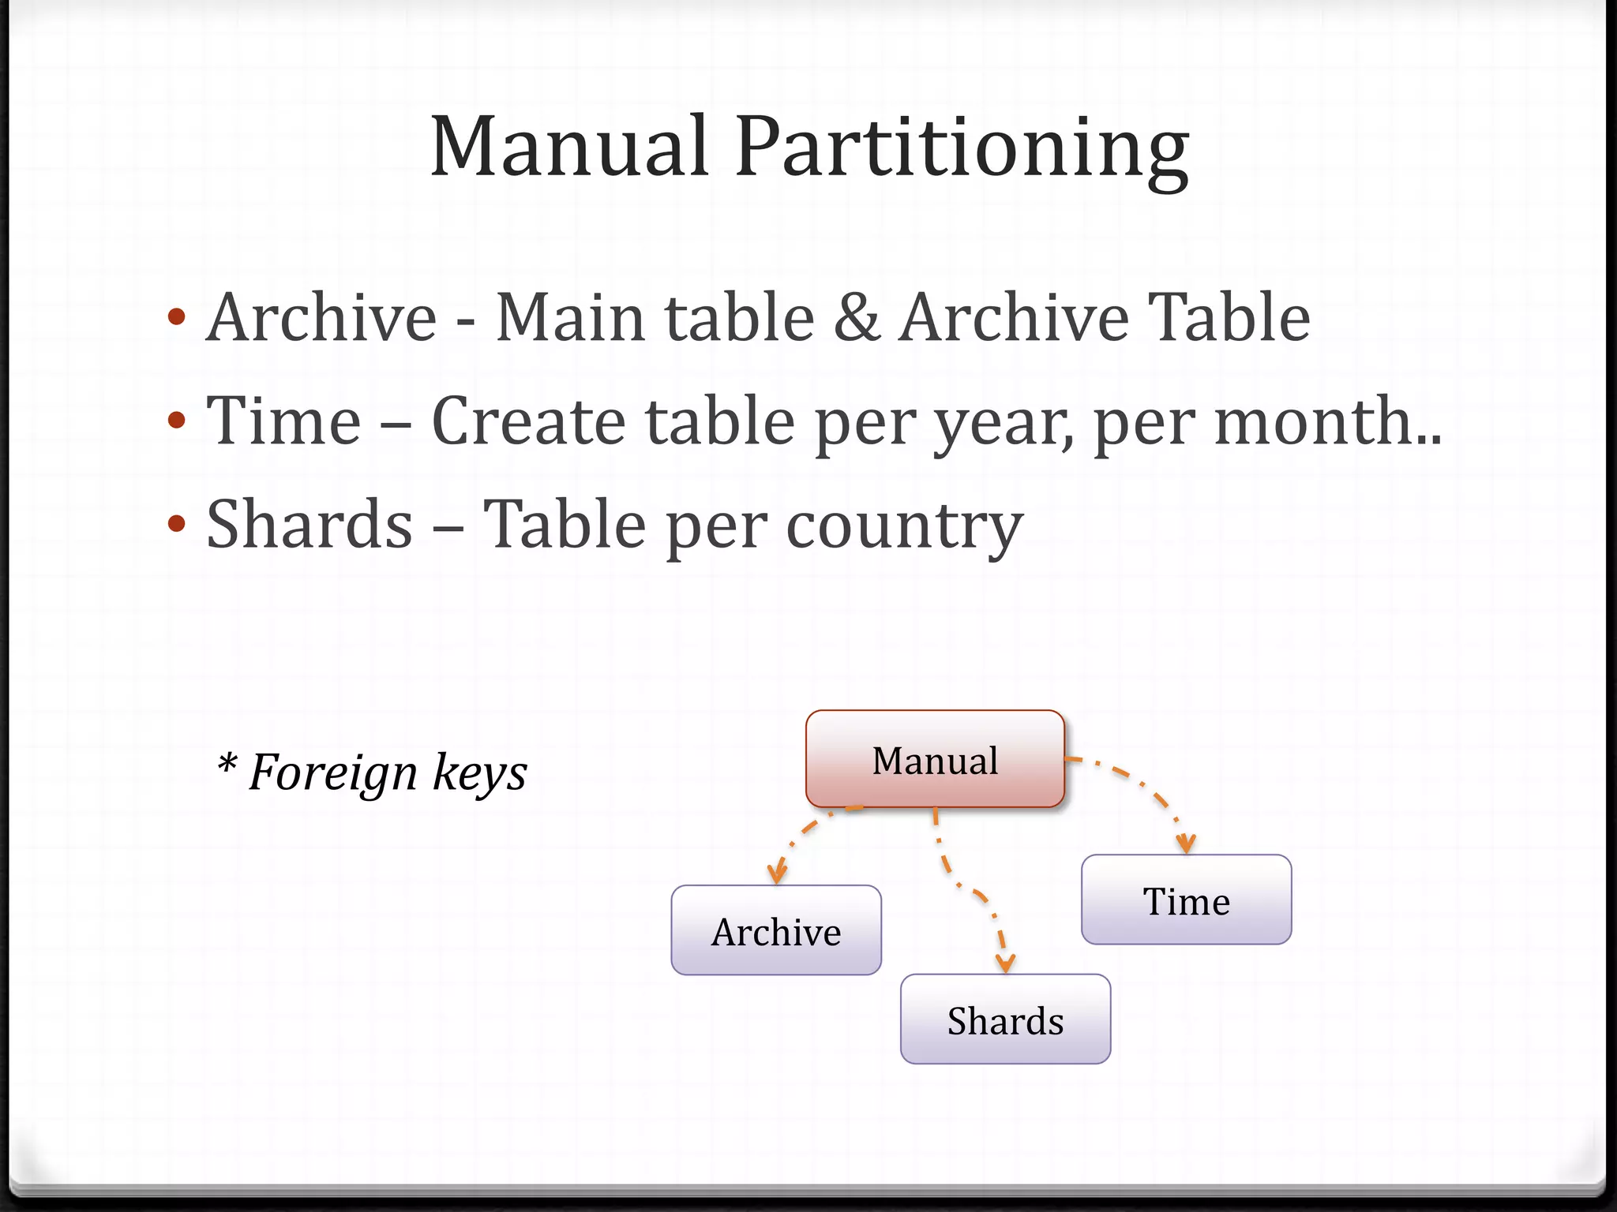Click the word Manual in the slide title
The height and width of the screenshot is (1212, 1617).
pos(568,147)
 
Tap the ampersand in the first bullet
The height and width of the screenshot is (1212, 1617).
pos(856,317)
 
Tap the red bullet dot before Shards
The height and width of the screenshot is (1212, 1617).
pos(177,524)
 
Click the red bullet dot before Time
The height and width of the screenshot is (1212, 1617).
pos(177,420)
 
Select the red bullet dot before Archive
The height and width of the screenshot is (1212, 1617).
pos(177,317)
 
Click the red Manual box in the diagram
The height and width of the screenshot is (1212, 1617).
pos(935,759)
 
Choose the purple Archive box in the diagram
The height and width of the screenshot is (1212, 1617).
pos(776,930)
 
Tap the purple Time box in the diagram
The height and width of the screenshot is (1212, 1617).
pos(1186,900)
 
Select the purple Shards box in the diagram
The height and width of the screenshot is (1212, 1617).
pos(1005,1019)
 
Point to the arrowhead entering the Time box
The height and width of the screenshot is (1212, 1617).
pos(1185,844)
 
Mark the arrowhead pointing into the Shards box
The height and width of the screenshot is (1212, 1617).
pos(1005,963)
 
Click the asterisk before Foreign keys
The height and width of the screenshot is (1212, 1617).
pos(227,764)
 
